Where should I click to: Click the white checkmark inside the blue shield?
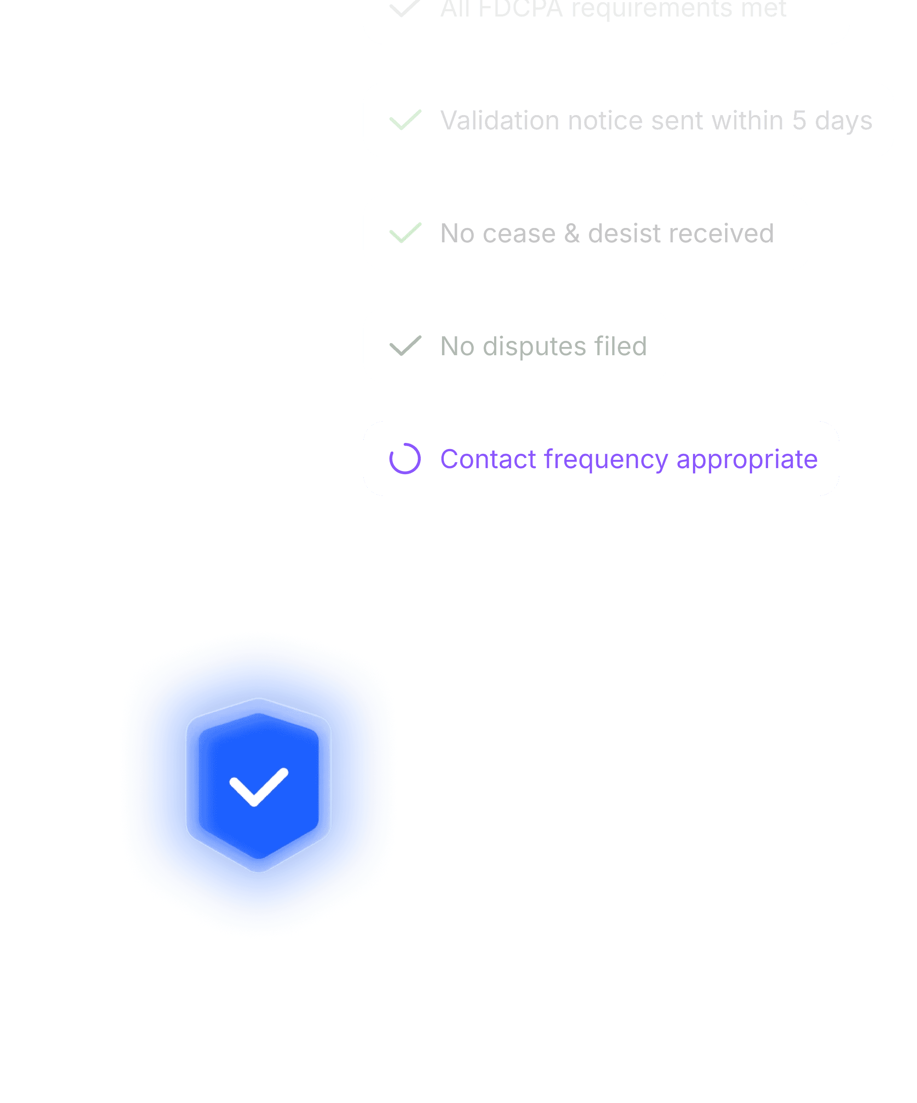coord(258,787)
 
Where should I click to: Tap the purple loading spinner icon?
coord(405,459)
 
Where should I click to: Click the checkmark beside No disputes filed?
coord(405,346)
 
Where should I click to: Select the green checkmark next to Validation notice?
coord(405,120)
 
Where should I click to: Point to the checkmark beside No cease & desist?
coord(405,233)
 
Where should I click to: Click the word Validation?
coord(500,120)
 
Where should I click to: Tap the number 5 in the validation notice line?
coord(799,120)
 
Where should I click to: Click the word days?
coord(844,121)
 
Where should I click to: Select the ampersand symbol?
coord(572,233)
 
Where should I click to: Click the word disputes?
coord(534,347)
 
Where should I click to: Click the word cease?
coord(519,233)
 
